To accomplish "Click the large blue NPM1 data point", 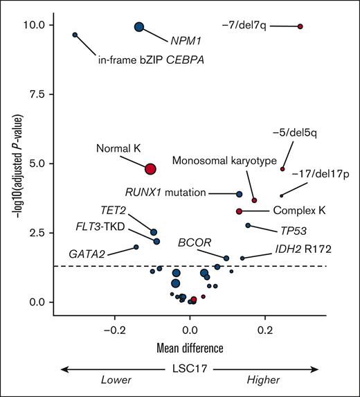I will click(x=139, y=27).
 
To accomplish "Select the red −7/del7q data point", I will click(x=300, y=26).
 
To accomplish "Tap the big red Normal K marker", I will click(x=151, y=168).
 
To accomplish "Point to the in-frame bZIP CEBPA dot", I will click(x=75, y=35).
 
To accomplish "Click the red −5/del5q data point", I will click(x=282, y=169).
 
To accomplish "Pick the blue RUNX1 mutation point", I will click(x=240, y=194).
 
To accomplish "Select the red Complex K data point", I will click(x=239, y=211).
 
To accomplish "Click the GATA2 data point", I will click(x=136, y=247).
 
